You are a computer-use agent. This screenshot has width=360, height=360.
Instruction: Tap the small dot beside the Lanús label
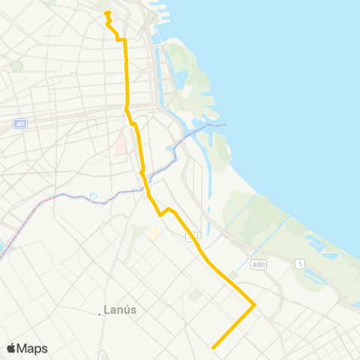click(100, 313)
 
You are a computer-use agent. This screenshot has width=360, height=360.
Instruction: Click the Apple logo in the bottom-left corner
click(11, 348)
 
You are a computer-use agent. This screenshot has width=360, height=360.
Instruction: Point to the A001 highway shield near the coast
click(259, 265)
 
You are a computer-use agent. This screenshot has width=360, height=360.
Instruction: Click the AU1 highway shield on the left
click(20, 124)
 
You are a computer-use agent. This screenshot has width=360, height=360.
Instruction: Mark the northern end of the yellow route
click(107, 13)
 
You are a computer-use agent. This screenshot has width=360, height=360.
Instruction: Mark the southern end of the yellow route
click(214, 347)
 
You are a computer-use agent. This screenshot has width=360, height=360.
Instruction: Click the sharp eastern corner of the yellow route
click(255, 304)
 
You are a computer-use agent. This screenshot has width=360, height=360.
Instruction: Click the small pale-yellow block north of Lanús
click(154, 234)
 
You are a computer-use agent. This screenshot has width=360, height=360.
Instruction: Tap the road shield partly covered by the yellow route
click(192, 236)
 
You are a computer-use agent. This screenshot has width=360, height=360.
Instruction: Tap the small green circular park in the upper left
click(17, 66)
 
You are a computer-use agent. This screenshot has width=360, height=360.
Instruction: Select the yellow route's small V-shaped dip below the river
click(160, 214)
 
